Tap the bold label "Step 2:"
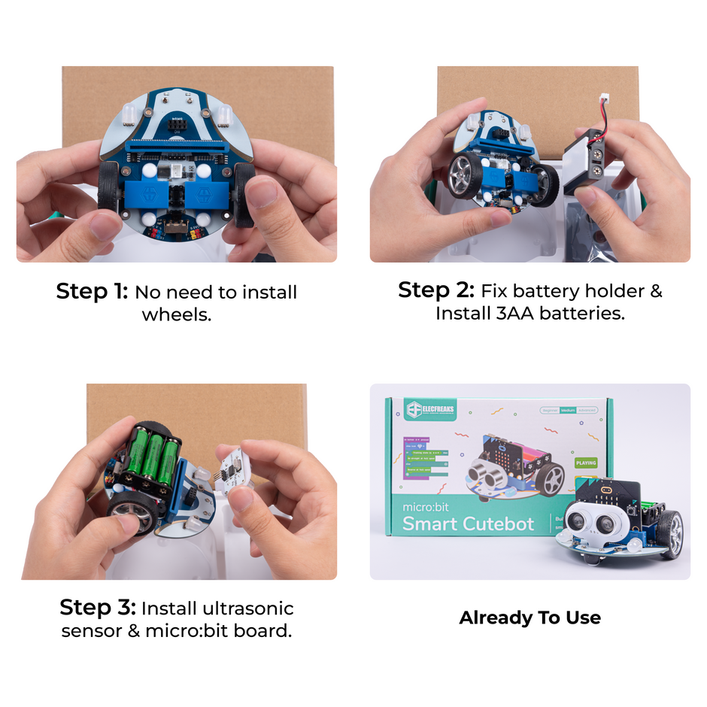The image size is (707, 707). tap(436, 290)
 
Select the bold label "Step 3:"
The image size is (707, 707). tap(97, 607)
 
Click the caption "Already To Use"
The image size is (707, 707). tap(529, 617)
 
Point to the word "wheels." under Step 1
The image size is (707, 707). tap(176, 314)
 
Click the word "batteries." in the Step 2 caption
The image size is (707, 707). tap(585, 313)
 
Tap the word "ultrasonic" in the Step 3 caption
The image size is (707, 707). tap(250, 608)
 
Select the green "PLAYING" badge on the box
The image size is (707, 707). tap(585, 463)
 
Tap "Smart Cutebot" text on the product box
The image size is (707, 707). tap(468, 523)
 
